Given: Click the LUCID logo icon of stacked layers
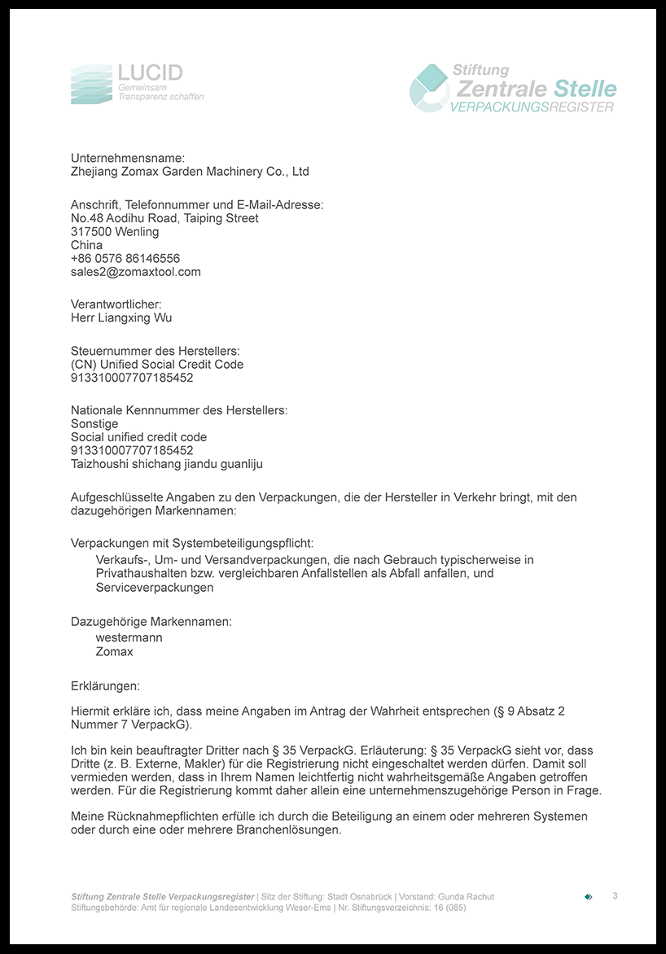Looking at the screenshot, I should click(90, 85).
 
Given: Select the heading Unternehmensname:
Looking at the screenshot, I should click(128, 158).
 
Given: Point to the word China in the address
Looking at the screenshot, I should click(86, 245).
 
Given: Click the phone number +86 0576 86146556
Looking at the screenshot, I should click(125, 259).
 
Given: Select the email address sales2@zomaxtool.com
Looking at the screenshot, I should click(135, 272).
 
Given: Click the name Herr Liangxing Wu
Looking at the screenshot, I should click(121, 318).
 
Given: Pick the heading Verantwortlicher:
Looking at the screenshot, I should click(116, 304).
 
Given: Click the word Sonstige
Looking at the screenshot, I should click(94, 424).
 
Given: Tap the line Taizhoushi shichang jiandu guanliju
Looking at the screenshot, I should click(167, 464).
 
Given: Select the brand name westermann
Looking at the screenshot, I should click(129, 638).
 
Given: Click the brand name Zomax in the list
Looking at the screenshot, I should click(114, 652).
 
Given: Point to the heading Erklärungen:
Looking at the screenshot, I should click(105, 686).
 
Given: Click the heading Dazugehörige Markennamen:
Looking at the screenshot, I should click(151, 622).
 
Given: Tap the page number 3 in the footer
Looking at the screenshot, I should click(615, 896).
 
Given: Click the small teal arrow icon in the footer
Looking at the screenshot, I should click(589, 897).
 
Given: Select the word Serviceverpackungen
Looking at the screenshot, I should click(155, 587).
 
